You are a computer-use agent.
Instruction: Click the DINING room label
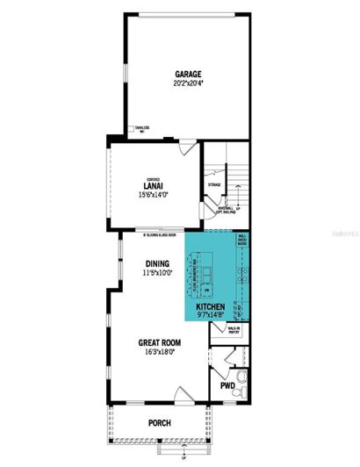click(x=157, y=262)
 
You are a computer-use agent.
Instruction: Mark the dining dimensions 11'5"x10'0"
click(x=157, y=272)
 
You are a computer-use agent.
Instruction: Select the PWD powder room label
click(x=226, y=384)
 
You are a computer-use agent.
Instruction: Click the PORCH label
click(x=159, y=423)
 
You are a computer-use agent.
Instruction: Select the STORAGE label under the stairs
click(x=213, y=185)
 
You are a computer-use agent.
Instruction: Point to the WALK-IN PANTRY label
click(x=233, y=332)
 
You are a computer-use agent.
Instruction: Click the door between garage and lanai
click(x=186, y=148)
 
